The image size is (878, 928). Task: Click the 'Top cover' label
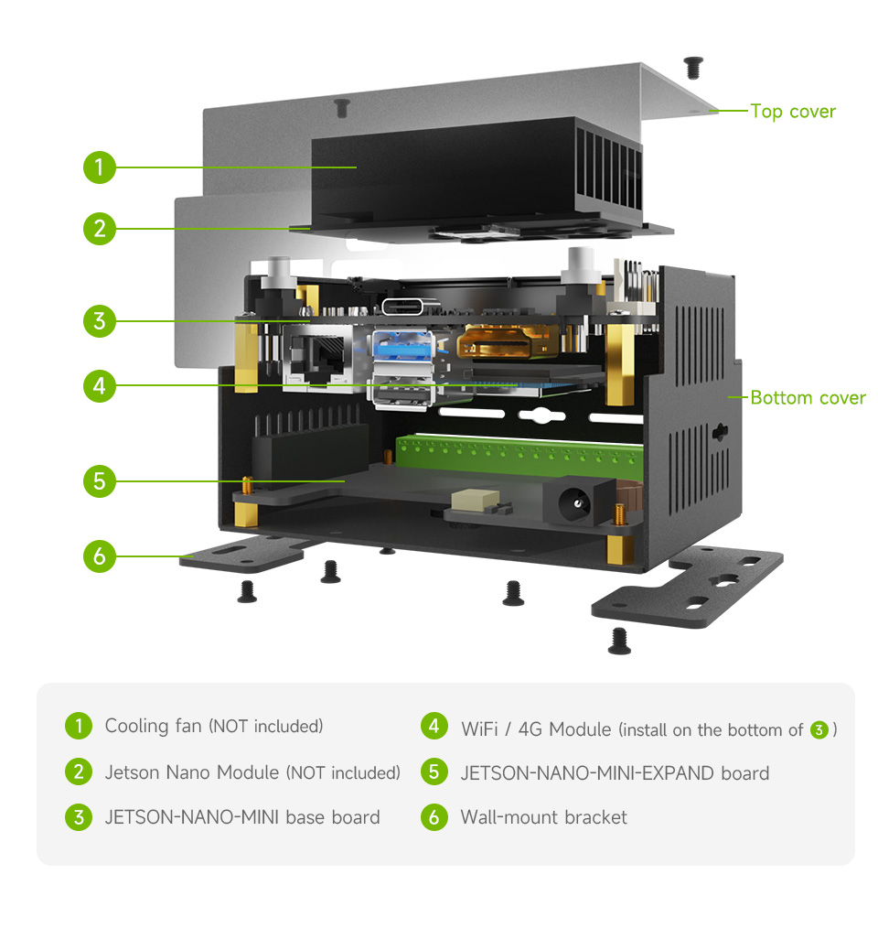point(792,112)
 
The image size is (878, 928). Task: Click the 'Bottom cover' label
point(807,398)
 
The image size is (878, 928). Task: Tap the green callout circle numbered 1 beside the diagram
point(100,167)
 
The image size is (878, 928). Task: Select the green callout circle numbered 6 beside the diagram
point(100,556)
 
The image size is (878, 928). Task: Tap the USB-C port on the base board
point(407,308)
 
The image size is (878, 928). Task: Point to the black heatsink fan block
point(476,174)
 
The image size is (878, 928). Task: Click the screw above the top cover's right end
point(693,66)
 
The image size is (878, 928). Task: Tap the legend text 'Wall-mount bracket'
point(543,817)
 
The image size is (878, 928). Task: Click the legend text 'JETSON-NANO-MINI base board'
point(242,817)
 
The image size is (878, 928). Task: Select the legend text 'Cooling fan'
point(153,727)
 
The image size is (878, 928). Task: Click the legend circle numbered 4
point(434,727)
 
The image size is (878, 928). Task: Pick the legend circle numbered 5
point(434,772)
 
